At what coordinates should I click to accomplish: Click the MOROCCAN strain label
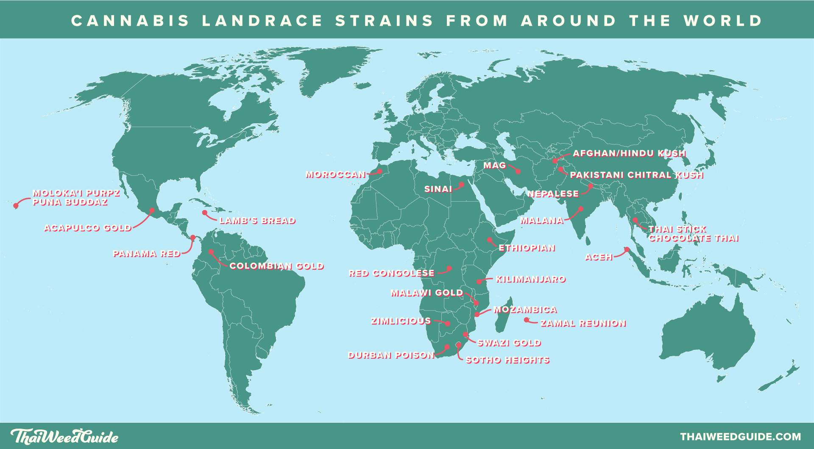coord(335,175)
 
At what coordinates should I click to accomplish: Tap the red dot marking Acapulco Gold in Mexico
coord(152,210)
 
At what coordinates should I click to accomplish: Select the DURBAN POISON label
coord(391,355)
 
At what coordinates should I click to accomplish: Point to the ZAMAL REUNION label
coord(583,324)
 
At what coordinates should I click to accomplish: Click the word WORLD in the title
coord(723,21)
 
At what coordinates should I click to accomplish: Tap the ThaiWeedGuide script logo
coord(64,436)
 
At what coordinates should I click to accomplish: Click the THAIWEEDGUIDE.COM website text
coord(740,437)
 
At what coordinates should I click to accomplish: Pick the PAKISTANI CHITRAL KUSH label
coord(636,175)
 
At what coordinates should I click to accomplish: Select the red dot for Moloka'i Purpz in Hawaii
coord(16,206)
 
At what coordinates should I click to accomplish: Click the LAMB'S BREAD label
coord(257,221)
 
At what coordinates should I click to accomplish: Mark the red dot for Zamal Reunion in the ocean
coord(526,320)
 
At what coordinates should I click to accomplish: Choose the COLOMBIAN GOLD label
coord(276,266)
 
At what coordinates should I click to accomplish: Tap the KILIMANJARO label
coord(530,280)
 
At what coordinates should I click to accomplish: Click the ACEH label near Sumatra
coord(598,257)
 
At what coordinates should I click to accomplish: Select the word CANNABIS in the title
coord(130,21)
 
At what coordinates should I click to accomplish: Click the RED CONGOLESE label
coord(391,274)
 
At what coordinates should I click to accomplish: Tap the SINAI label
coord(438,189)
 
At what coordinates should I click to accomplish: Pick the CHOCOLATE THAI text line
coord(693,238)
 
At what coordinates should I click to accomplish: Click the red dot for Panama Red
coord(192,238)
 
